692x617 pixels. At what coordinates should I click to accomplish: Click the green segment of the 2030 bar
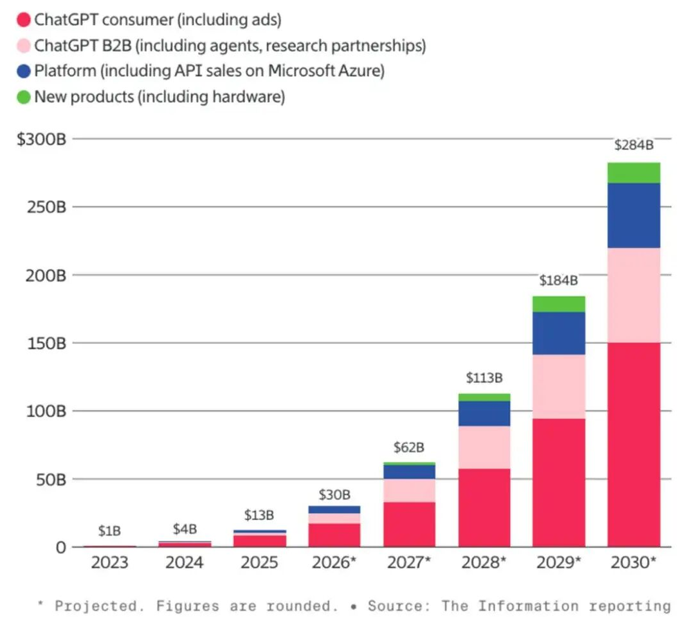tap(633, 172)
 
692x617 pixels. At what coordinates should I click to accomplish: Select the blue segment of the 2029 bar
tap(558, 333)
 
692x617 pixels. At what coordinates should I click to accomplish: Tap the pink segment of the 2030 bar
tap(633, 295)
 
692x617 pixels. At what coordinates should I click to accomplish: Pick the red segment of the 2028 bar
tap(484, 508)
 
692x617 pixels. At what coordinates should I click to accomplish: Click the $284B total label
tap(633, 145)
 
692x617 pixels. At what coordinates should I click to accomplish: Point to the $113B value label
tap(484, 378)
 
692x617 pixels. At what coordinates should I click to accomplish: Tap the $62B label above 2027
tap(409, 447)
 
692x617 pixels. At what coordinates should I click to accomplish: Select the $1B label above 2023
tap(109, 531)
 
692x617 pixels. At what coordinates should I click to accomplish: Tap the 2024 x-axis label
tap(184, 562)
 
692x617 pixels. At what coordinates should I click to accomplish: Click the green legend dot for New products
tap(24, 96)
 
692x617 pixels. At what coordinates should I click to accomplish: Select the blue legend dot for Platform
tap(24, 71)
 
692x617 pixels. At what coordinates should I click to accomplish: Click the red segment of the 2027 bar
tap(409, 524)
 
